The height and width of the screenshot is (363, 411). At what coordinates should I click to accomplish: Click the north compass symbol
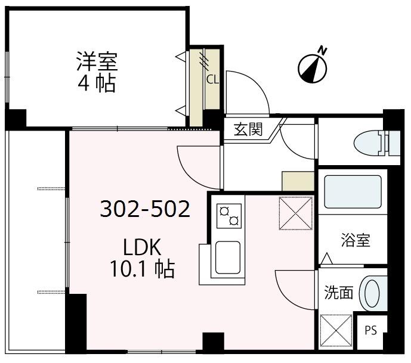pyautogui.click(x=313, y=67)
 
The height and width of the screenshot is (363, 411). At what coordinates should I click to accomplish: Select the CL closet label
pyautogui.click(x=212, y=77)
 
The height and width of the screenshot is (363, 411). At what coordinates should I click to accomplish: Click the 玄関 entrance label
pyautogui.click(x=248, y=129)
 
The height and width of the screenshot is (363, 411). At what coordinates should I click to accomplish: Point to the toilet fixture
pyautogui.click(x=376, y=143)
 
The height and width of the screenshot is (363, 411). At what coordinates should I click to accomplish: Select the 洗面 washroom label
pyautogui.click(x=338, y=292)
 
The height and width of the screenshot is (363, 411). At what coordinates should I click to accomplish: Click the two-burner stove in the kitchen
pyautogui.click(x=230, y=215)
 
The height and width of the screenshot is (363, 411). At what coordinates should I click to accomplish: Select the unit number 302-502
pyautogui.click(x=144, y=209)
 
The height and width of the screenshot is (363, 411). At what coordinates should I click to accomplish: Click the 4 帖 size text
pyautogui.click(x=97, y=83)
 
